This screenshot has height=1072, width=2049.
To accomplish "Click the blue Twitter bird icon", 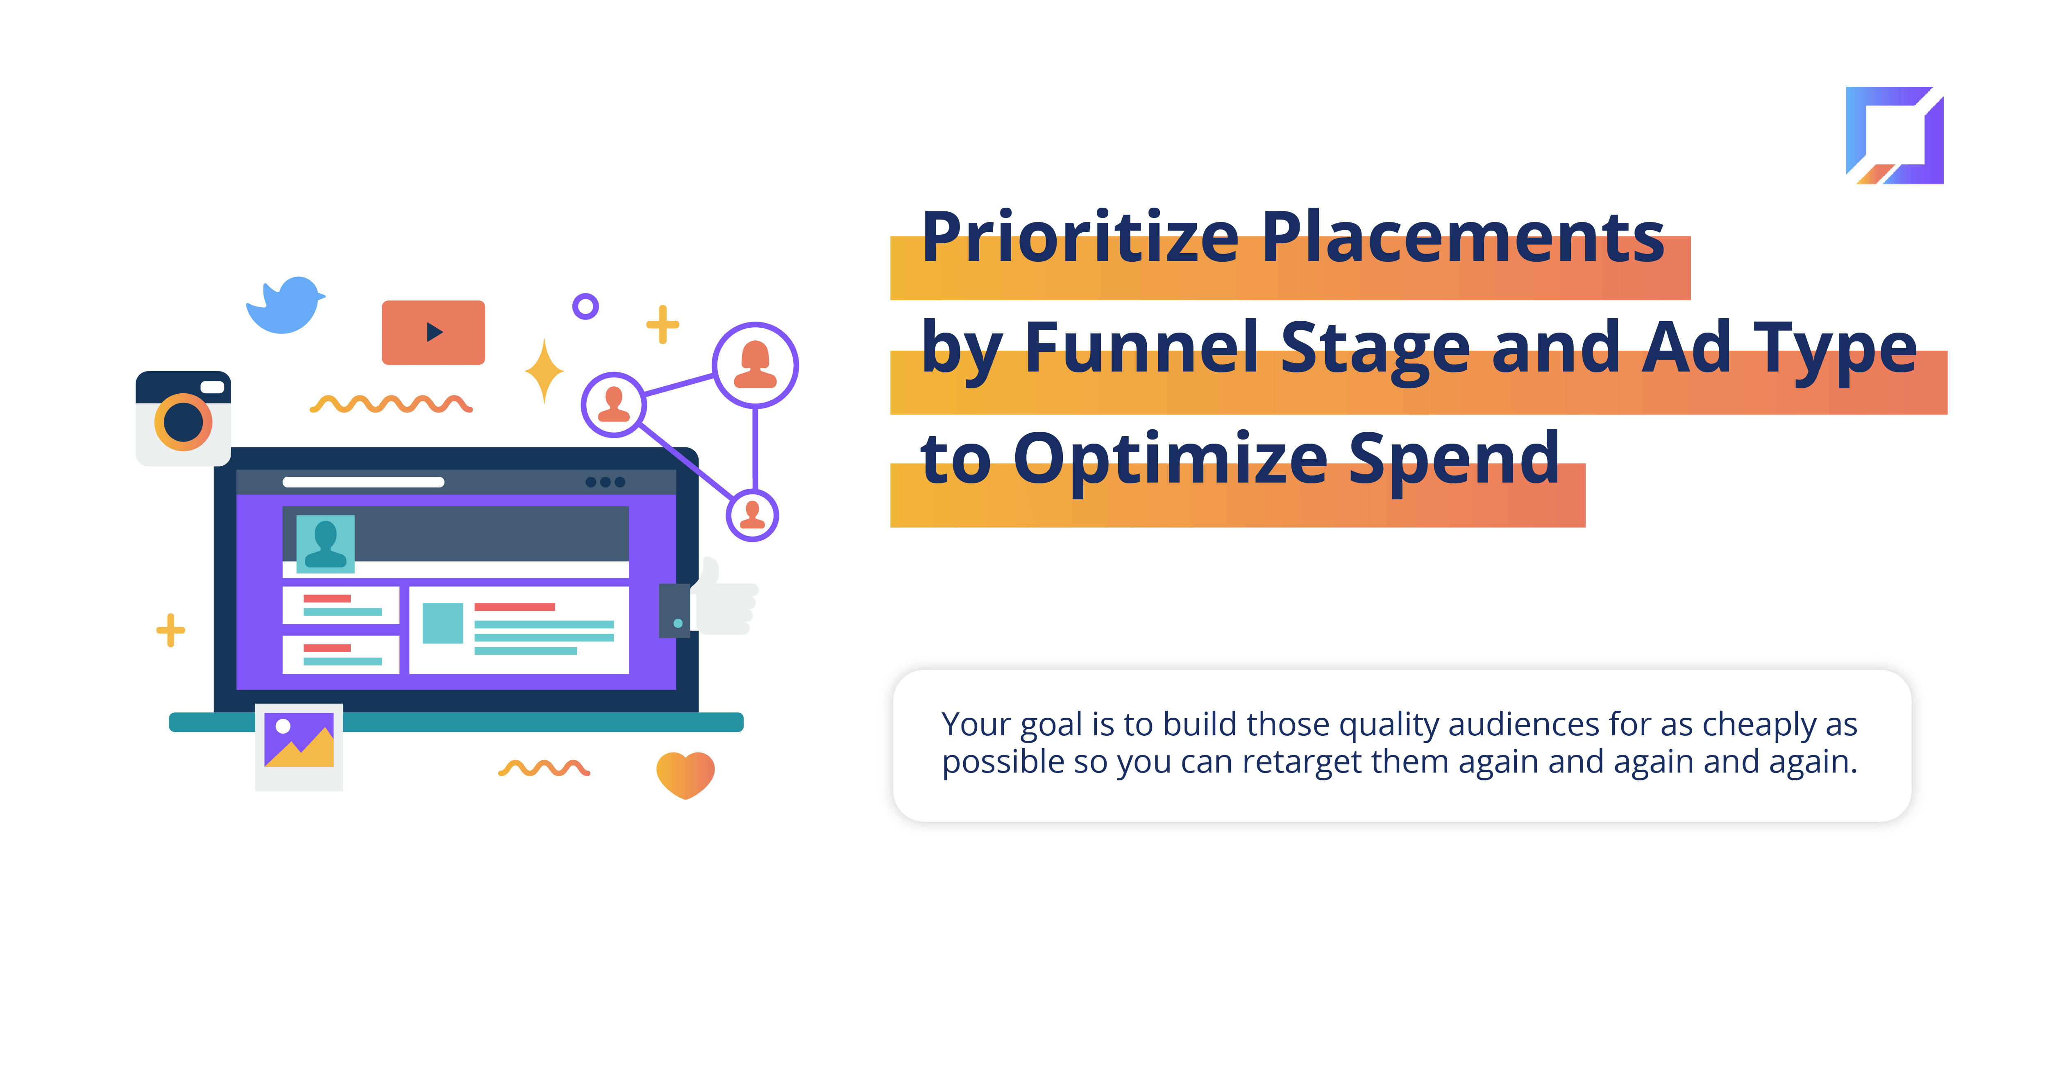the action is point(285,305).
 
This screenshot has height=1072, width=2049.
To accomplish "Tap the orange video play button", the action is point(433,333).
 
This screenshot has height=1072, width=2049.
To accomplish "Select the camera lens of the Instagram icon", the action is point(184,422).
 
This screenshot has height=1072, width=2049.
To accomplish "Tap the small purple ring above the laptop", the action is point(585,306).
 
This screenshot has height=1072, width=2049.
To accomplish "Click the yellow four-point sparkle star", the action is point(544,372).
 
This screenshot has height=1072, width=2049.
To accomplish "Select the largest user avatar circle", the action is point(755,365).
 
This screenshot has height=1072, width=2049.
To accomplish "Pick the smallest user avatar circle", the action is point(753,515).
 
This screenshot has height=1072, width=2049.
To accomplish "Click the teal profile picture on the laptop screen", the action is point(325,544).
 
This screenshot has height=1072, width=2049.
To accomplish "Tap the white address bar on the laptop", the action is point(363,482).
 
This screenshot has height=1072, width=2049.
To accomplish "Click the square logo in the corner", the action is point(1895,135).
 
